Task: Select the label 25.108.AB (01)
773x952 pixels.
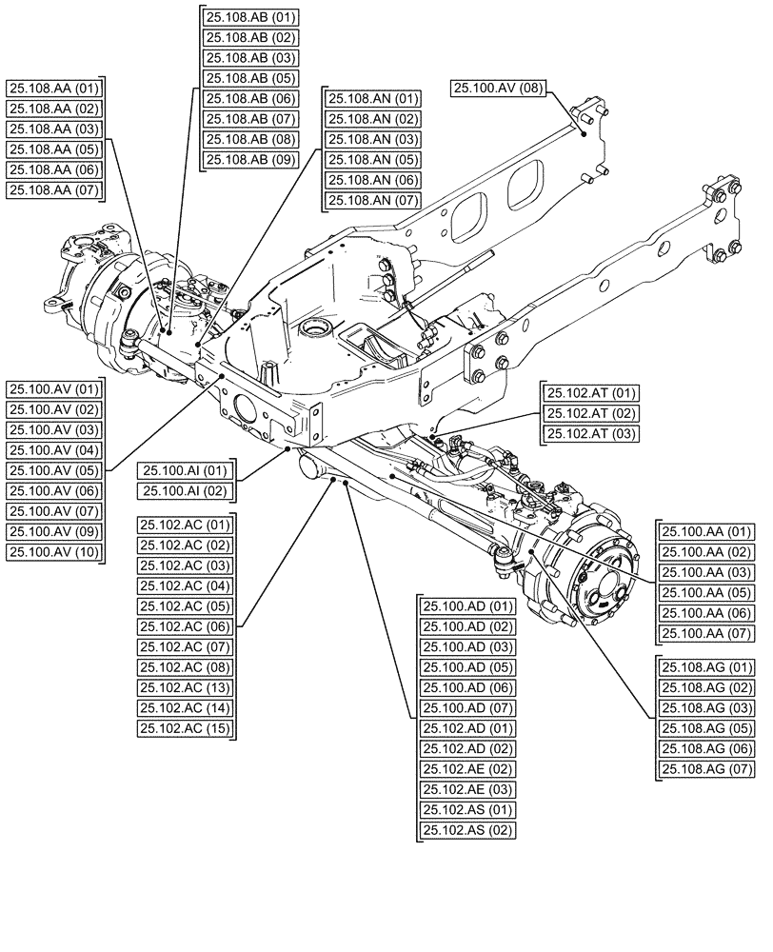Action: click(x=250, y=17)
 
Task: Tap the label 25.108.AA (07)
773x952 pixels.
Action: click(x=54, y=190)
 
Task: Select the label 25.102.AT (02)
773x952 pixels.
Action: click(x=590, y=414)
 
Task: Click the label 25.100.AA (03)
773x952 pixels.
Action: click(x=706, y=572)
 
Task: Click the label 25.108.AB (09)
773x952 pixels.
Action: click(x=250, y=160)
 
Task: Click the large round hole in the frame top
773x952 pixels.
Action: click(x=315, y=331)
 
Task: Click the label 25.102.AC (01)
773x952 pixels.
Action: click(x=186, y=525)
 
